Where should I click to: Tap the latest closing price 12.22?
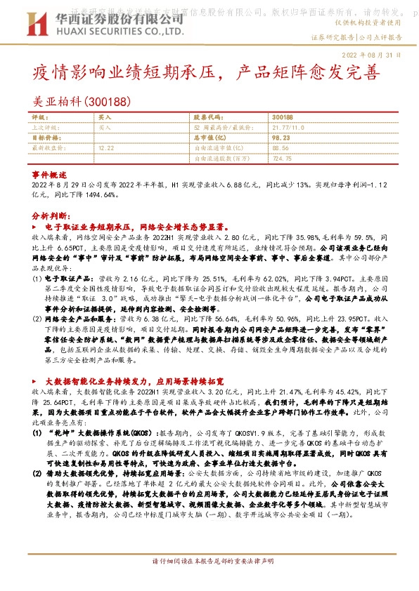click(x=106, y=148)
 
